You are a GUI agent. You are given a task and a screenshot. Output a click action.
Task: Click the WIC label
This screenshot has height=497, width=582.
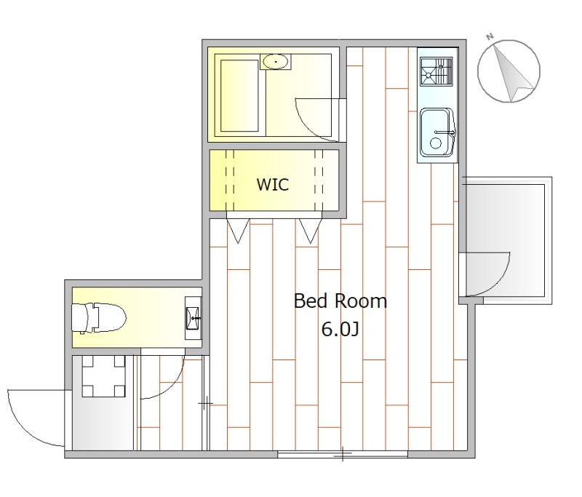tap(273, 185)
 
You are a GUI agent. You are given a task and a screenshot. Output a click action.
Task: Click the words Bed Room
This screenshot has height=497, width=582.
tap(340, 301)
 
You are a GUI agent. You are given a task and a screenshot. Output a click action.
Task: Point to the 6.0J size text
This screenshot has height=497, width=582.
tap(340, 329)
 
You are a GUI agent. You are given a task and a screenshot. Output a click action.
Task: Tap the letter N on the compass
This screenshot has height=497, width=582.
tap(490, 36)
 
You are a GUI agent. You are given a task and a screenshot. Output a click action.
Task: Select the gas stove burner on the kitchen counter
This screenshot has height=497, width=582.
tap(436, 71)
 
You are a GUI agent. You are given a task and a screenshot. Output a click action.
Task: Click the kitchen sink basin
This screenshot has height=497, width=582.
tap(436, 132)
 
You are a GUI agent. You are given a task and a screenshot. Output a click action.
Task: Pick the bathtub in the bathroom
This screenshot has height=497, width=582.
tap(240, 96)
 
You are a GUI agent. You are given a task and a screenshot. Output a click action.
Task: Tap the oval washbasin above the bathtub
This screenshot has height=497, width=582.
tap(275, 62)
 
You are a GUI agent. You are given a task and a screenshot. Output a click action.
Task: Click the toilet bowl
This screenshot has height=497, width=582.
tap(99, 318)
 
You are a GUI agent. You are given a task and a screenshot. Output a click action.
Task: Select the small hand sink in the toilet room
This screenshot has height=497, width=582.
tap(193, 318)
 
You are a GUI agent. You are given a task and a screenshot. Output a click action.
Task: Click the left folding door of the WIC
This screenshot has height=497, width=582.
tap(238, 231)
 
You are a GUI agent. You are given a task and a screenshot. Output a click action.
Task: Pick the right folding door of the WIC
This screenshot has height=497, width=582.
tap(311, 231)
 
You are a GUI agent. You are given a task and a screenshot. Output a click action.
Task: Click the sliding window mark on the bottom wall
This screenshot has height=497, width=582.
tap(343, 454)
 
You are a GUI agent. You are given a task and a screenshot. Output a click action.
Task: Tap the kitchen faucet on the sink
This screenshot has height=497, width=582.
tap(445, 132)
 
